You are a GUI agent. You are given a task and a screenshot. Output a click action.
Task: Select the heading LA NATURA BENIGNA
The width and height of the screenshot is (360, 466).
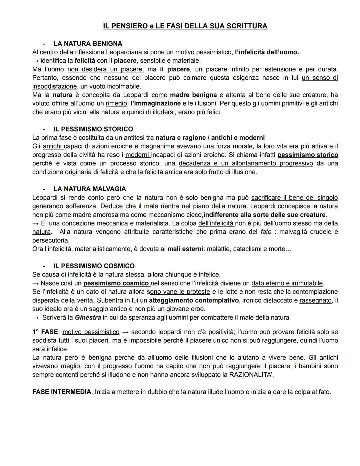click(x=88, y=44)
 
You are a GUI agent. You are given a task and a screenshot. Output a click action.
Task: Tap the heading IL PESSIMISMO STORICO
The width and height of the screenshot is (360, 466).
click(x=93, y=129)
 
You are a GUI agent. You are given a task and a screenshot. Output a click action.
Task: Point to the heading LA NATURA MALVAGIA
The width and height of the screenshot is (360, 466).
click(x=90, y=189)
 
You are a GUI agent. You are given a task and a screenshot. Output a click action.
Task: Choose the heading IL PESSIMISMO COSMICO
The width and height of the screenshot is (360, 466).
click(x=94, y=266)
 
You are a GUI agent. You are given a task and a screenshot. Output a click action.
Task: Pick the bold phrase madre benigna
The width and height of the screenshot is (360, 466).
click(x=193, y=95)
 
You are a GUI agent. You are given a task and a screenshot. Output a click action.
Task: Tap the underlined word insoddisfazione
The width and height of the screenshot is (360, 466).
click(x=54, y=87)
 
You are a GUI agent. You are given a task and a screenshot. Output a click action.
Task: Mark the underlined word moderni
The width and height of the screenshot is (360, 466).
click(x=138, y=155)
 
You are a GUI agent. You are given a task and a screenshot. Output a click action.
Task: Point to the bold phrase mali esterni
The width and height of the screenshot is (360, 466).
click(x=185, y=249)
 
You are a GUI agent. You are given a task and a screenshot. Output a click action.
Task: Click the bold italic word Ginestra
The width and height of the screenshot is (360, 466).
click(x=88, y=318)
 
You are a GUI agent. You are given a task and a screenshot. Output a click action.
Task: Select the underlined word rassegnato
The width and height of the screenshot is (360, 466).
click(x=315, y=301)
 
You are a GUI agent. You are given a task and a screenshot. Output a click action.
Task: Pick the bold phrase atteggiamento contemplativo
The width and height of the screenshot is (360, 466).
click(x=194, y=301)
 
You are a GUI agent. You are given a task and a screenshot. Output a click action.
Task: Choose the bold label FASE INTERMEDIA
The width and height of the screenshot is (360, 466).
click(x=62, y=392)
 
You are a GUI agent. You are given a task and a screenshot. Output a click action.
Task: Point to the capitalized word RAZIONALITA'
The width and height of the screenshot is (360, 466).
click(x=251, y=375)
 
